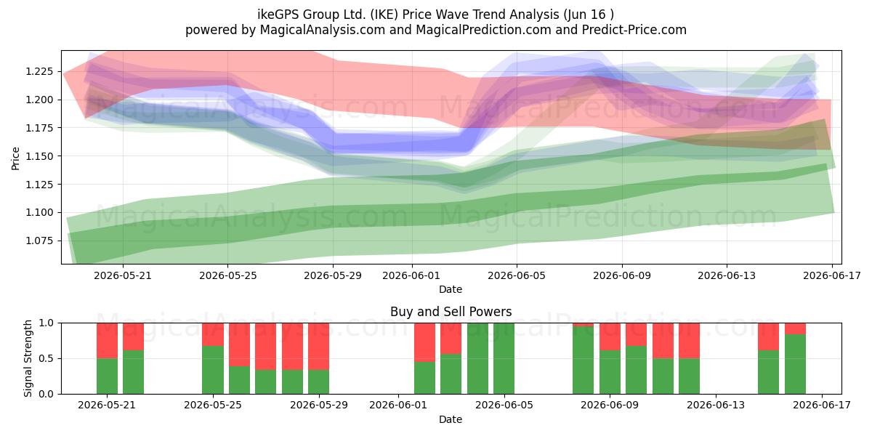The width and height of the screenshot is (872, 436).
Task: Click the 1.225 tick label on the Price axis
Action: click(39, 72)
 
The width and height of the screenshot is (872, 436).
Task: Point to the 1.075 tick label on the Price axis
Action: click(39, 241)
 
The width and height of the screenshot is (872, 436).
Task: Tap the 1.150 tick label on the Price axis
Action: click(39, 156)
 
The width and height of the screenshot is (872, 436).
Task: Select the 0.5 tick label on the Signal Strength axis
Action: click(46, 358)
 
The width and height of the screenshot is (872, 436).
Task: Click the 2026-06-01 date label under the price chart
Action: click(411, 275)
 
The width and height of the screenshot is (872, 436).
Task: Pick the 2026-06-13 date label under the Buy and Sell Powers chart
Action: click(716, 405)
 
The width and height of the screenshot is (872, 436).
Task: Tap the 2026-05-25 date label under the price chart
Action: click(228, 275)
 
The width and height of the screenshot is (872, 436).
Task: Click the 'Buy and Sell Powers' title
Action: click(451, 312)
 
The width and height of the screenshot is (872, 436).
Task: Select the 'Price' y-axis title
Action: click(15, 158)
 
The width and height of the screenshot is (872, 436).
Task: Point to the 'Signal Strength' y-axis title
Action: click(28, 358)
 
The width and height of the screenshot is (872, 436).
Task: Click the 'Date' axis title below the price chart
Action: click(451, 289)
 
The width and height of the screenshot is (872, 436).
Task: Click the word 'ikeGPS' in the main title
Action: click(278, 15)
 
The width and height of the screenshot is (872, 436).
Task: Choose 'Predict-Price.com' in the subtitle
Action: click(634, 30)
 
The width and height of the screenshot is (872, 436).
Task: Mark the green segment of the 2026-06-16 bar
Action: click(795, 364)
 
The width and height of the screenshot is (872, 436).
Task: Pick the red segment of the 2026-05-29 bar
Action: click(318, 347)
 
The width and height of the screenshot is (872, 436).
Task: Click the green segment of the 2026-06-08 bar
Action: click(583, 360)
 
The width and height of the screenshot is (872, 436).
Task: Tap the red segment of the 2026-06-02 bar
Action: click(424, 342)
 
